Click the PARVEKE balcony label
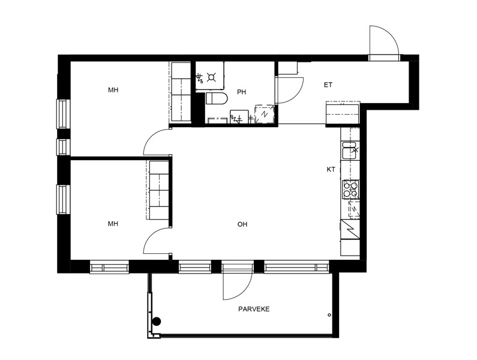254,309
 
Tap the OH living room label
242,224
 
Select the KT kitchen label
331,170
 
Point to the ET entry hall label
328,85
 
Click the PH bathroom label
242,92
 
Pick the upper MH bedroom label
113,90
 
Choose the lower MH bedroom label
113,224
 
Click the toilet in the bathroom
217,98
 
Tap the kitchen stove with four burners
351,189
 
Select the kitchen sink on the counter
350,150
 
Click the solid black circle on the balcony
157,321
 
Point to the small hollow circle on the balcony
329,315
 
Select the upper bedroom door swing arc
151,136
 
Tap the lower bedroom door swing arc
151,235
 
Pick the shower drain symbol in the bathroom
211,77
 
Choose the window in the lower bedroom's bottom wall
109,267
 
